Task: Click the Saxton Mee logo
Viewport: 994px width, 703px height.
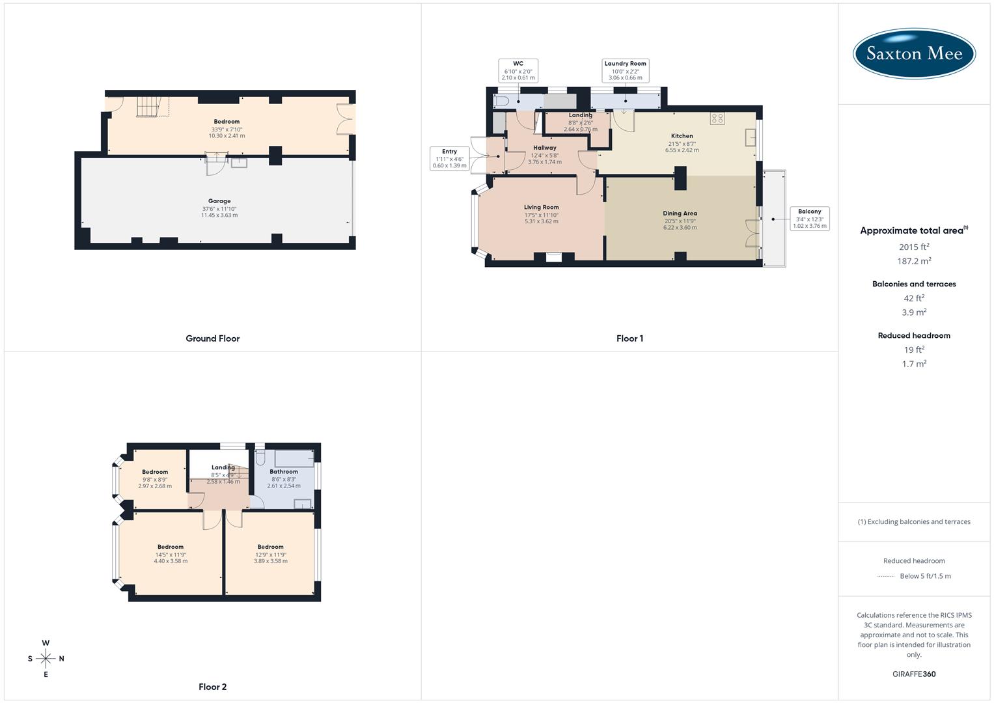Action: pyautogui.click(x=914, y=53)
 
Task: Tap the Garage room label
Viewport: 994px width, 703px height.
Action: pyautogui.click(x=219, y=202)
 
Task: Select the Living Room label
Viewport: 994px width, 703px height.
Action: pyautogui.click(x=541, y=208)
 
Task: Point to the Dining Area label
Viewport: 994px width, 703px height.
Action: pyautogui.click(x=680, y=214)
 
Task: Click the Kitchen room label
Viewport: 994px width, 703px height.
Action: pyautogui.click(x=682, y=136)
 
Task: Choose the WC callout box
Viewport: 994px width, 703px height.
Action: pyautogui.click(x=518, y=70)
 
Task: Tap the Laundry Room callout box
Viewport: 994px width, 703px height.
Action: pyautogui.click(x=625, y=70)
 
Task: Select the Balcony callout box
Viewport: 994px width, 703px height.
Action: pyautogui.click(x=809, y=219)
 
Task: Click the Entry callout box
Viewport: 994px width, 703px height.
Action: pyautogui.click(x=449, y=158)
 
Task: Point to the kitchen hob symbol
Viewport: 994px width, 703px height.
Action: pyautogui.click(x=717, y=118)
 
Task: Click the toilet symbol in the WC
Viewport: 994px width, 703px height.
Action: pyautogui.click(x=501, y=102)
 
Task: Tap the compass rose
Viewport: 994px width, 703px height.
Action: pyautogui.click(x=46, y=659)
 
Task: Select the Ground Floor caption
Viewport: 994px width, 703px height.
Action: pyautogui.click(x=213, y=338)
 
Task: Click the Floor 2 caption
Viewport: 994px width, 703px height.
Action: pyautogui.click(x=213, y=687)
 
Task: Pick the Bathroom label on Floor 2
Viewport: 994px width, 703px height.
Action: pyautogui.click(x=284, y=472)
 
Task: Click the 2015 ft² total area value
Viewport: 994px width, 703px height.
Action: pyautogui.click(x=914, y=247)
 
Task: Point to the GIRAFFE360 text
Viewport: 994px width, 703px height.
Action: pyautogui.click(x=914, y=674)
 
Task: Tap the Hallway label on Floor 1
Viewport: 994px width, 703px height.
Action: pyautogui.click(x=545, y=148)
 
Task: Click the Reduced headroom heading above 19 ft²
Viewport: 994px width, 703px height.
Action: pyautogui.click(x=914, y=336)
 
